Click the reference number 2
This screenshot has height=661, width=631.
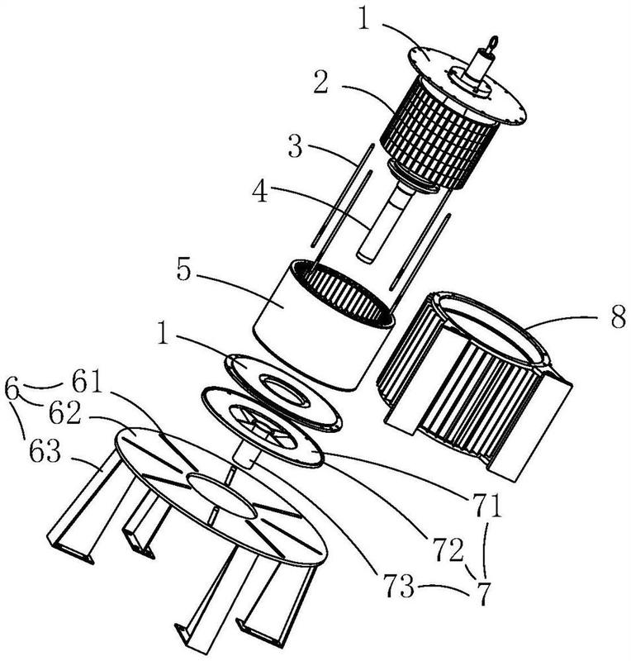(321, 83)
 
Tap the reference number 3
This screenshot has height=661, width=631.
(296, 145)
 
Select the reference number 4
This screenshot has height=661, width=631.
(260, 192)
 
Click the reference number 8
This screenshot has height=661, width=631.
(619, 316)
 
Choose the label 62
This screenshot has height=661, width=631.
(64, 414)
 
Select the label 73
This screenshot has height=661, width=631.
(399, 586)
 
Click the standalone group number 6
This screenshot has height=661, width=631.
(12, 388)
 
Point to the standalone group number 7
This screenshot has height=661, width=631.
(484, 593)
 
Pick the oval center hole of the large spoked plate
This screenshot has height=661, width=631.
(222, 495)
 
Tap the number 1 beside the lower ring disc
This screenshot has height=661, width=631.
(163, 333)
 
